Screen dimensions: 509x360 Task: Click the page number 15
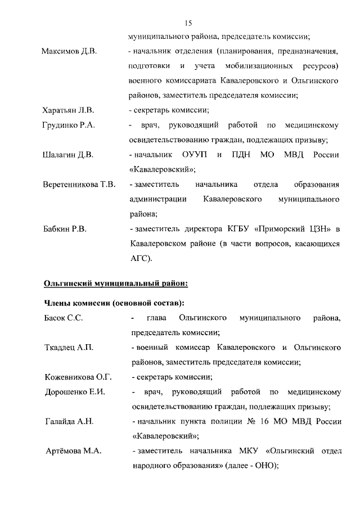tap(188, 22)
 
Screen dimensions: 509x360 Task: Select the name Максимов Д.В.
tap(70, 52)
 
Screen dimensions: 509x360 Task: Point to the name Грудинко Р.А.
tap(69, 125)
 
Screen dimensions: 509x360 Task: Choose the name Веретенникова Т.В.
tap(79, 184)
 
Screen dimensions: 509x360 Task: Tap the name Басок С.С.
tap(64, 318)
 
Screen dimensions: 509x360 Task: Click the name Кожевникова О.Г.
tap(78, 377)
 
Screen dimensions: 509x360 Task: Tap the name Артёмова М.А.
tap(72, 451)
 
